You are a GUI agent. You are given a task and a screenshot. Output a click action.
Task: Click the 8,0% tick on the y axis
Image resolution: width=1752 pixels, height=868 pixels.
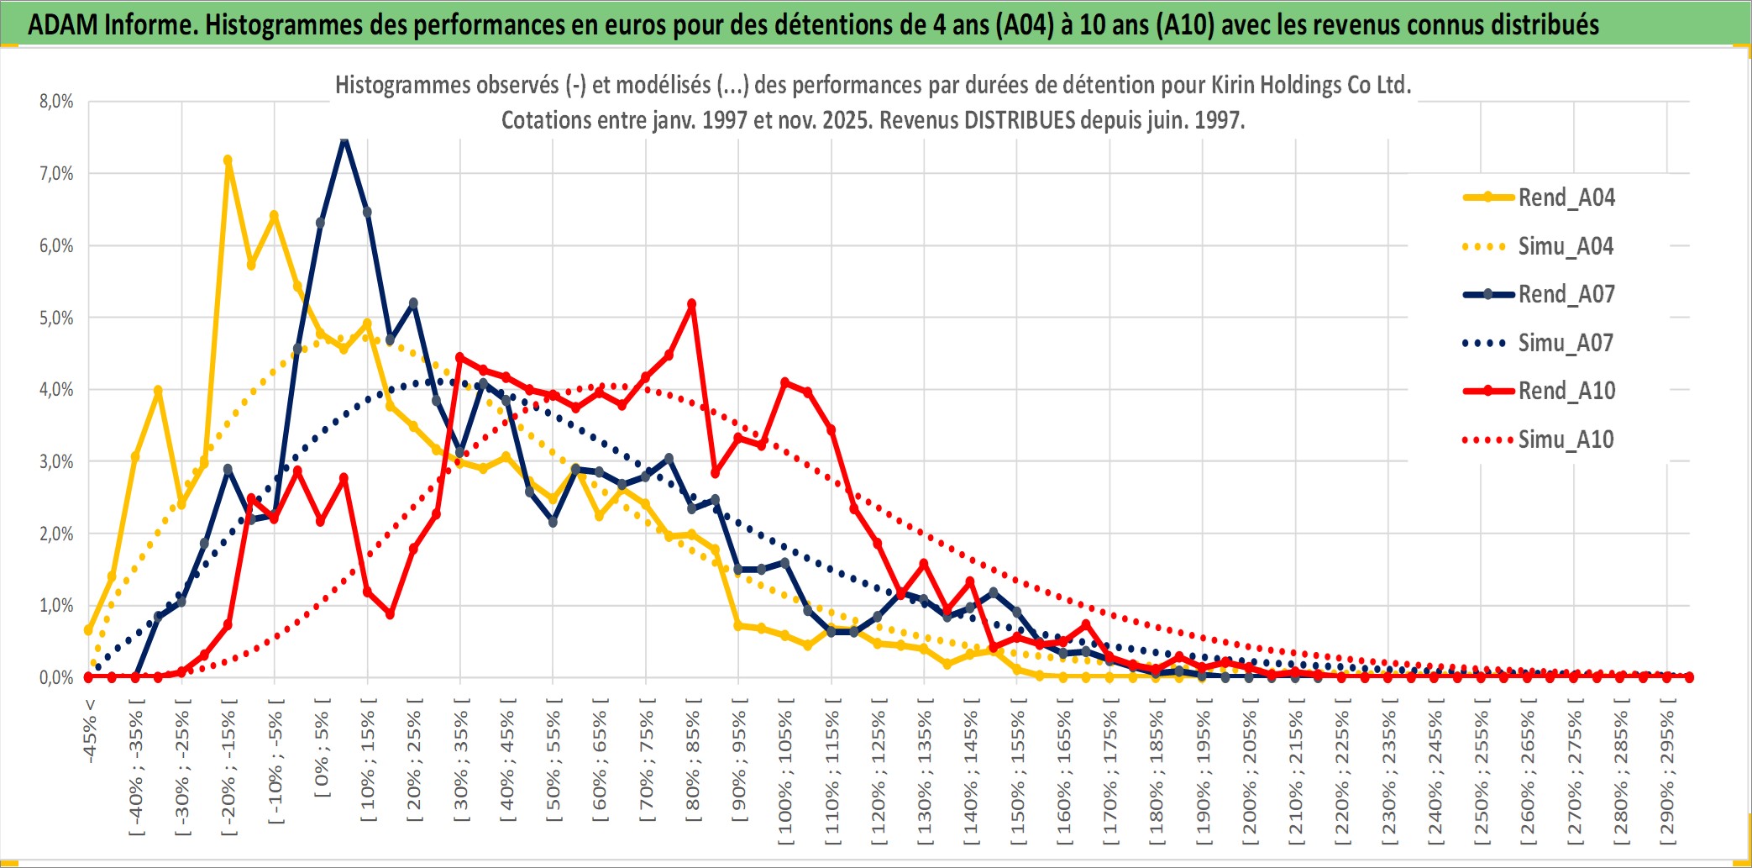(x=56, y=102)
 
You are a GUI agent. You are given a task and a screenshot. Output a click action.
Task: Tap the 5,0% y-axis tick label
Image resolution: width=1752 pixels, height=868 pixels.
(x=56, y=318)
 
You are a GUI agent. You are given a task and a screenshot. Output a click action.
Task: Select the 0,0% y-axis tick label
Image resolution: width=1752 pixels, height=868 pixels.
(x=56, y=677)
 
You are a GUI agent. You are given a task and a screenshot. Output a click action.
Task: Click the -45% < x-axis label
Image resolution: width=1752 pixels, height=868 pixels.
(x=90, y=731)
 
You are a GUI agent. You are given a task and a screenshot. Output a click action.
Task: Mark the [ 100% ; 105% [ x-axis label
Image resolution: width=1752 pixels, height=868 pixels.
(x=785, y=773)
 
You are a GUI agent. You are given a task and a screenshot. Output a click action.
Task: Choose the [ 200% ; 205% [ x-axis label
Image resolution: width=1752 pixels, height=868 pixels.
(x=1250, y=773)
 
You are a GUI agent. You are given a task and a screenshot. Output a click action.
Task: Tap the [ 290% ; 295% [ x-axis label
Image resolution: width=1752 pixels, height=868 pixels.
(x=1667, y=773)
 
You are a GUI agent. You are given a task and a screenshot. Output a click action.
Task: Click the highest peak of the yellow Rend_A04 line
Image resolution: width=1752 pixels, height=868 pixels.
(x=228, y=160)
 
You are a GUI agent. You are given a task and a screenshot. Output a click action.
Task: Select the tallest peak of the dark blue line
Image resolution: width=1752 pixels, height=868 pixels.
(x=344, y=139)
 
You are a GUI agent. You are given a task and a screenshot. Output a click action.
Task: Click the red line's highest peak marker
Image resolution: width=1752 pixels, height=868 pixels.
(x=691, y=304)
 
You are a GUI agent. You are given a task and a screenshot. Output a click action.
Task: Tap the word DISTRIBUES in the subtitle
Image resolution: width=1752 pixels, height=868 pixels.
(x=1019, y=120)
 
